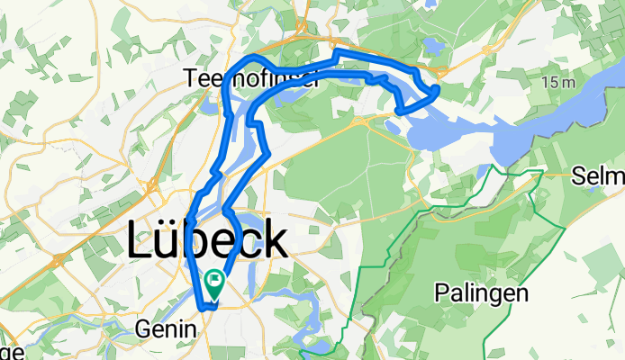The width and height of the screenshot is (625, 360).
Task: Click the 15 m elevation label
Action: coord(557,83)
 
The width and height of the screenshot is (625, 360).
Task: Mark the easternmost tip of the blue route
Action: coord(438,89)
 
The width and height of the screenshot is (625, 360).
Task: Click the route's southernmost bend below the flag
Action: coord(209,307)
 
